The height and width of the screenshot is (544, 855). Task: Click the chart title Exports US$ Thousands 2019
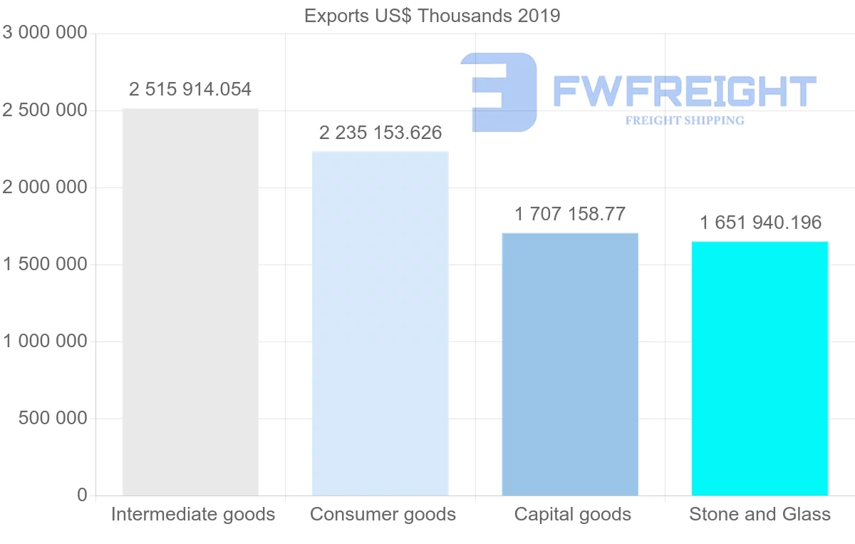[x=432, y=16]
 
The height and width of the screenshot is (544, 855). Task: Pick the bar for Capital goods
[x=570, y=364]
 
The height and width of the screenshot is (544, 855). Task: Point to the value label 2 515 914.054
[x=190, y=90]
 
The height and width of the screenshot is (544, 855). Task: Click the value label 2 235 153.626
[x=380, y=133]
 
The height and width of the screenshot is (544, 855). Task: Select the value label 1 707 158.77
[x=570, y=214]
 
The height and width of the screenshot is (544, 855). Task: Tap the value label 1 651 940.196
[x=760, y=223]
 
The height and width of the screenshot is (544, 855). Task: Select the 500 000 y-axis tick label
[x=52, y=419]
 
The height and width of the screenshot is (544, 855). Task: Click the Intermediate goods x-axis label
[x=193, y=515]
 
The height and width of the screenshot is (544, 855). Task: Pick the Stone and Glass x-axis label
[x=760, y=515]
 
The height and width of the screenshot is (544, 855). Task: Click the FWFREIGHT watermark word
[x=684, y=91]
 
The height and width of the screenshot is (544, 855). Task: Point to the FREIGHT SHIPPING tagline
[x=685, y=120]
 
